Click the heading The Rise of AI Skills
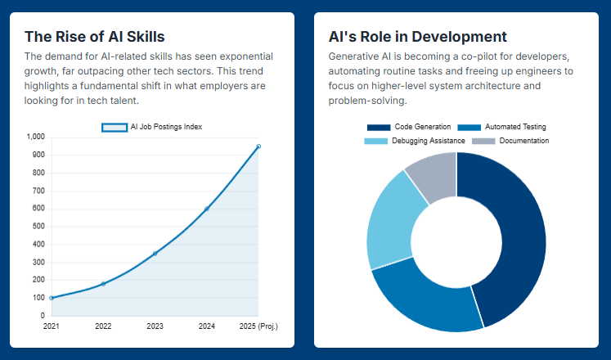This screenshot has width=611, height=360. [x=94, y=37]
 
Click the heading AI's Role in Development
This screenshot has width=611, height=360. [x=417, y=37]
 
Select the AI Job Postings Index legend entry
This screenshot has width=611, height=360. [x=152, y=127]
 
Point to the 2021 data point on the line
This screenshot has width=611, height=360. [x=52, y=298]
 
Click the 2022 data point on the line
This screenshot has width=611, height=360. [x=103, y=284]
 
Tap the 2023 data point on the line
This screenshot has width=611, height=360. [x=155, y=254]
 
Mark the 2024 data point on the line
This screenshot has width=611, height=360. [x=207, y=209]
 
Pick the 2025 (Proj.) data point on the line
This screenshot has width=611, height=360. [x=258, y=146]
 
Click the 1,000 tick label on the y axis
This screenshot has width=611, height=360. [x=36, y=137]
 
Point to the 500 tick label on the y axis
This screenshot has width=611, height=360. [x=39, y=227]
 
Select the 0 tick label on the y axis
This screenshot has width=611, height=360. [x=43, y=316]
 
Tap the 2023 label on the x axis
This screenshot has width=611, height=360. [x=155, y=326]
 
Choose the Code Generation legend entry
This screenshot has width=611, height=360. [x=409, y=127]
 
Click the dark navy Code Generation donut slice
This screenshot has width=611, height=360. [x=519, y=237]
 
